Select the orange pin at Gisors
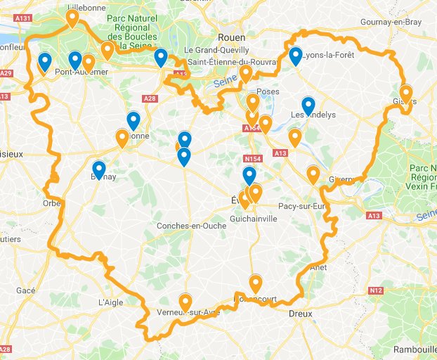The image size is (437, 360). point(406,93)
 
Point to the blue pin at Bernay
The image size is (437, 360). point(99,169)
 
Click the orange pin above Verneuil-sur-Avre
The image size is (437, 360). point(185,302)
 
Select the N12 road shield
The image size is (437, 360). point(375,290)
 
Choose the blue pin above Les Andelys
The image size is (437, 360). point(308,105)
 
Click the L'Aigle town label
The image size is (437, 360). point(111,302)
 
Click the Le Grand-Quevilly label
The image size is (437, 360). point(216,51)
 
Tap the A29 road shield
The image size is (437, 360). point(6,73)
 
